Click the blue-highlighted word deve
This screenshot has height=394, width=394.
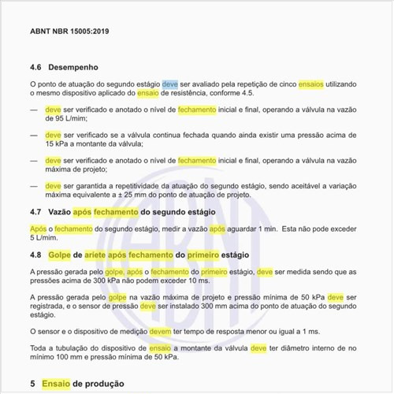coord(169,84)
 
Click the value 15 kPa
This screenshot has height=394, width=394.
coord(61,144)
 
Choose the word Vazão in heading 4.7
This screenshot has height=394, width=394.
coord(59,212)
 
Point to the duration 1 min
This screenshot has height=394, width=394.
coord(267,228)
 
